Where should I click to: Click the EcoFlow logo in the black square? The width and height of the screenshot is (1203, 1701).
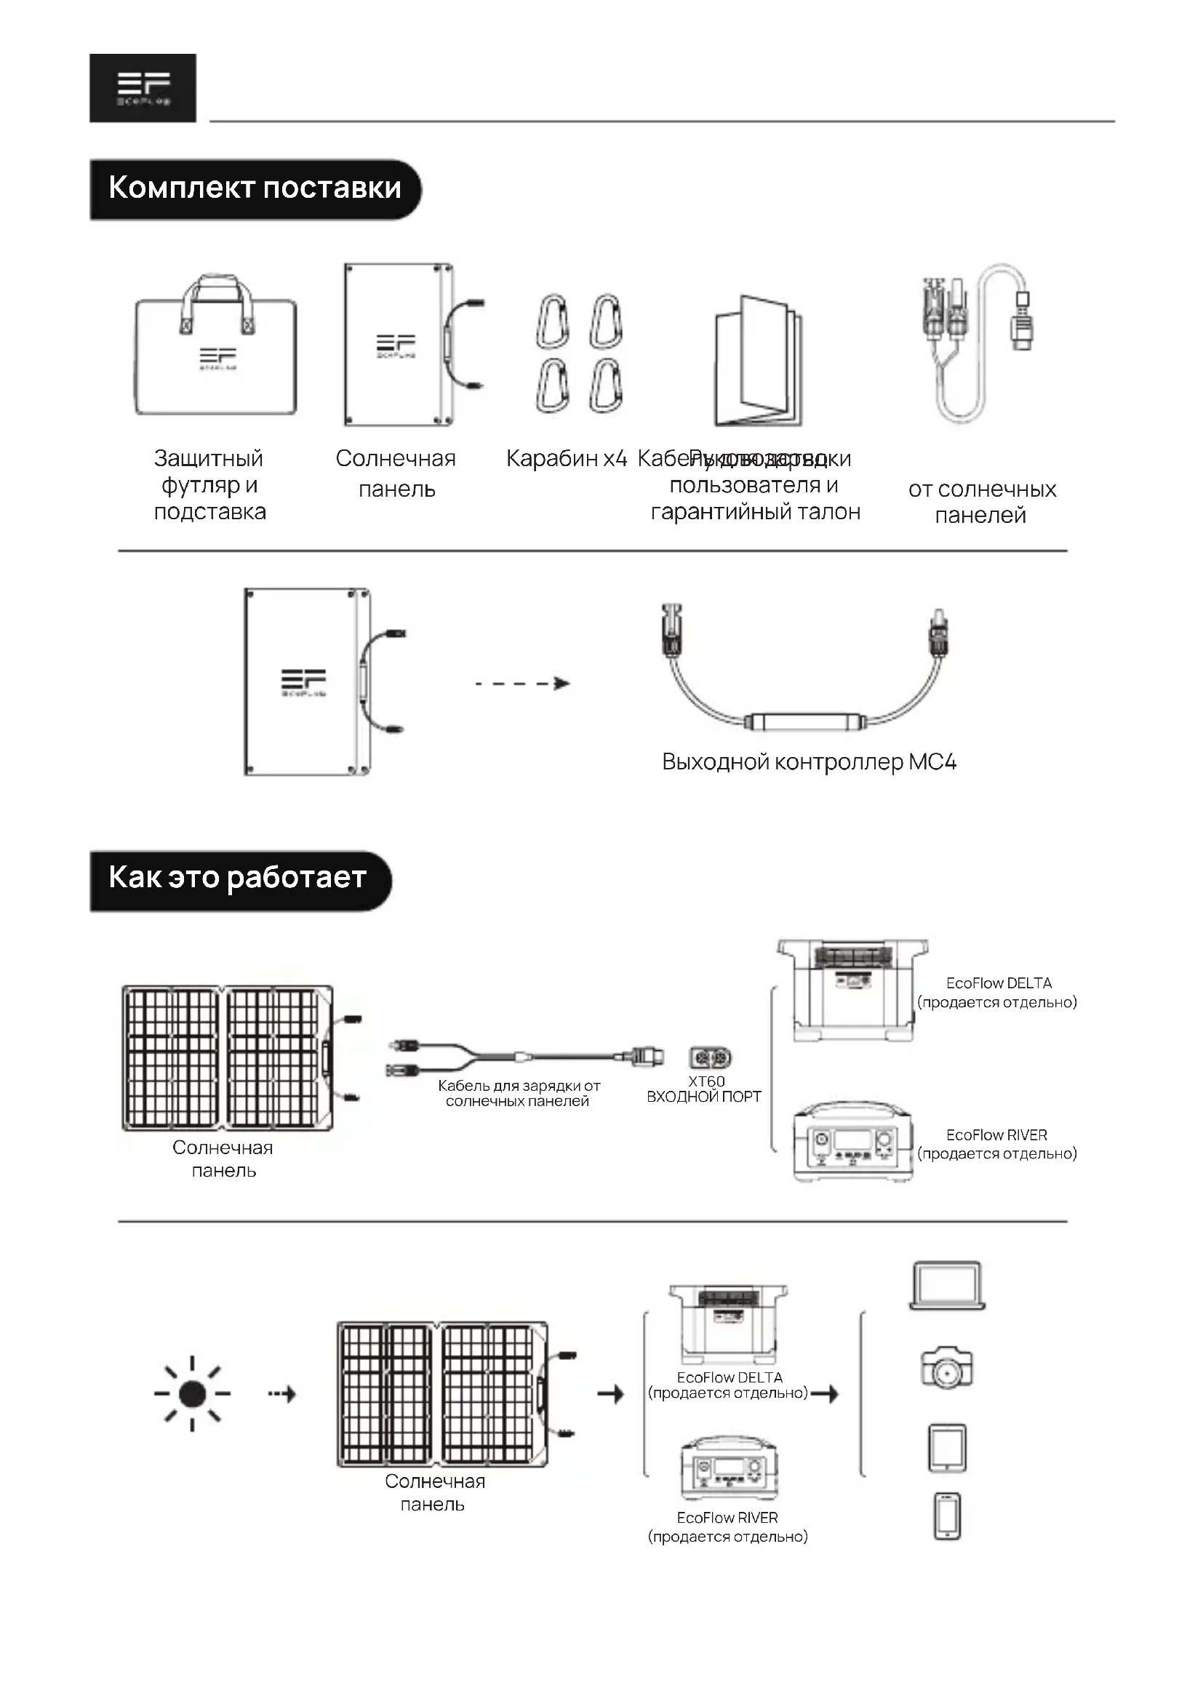click(x=143, y=87)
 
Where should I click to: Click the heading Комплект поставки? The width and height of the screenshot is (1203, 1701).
click(x=255, y=189)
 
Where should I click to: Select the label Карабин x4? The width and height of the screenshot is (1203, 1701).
click(x=567, y=459)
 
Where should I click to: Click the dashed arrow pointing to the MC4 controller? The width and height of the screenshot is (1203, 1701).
click(x=522, y=683)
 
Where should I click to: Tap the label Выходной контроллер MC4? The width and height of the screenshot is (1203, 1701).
click(x=809, y=761)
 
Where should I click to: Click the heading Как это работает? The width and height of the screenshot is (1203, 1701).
click(x=238, y=878)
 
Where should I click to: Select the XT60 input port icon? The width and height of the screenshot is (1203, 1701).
click(x=710, y=1057)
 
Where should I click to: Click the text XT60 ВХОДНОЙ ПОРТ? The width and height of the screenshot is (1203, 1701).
click(x=705, y=1090)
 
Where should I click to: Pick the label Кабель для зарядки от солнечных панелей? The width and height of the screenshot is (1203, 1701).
click(x=519, y=1094)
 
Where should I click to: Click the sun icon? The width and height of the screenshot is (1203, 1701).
click(x=193, y=1393)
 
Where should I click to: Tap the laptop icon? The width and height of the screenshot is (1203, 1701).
click(x=947, y=1286)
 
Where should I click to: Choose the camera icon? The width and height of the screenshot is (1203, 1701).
click(x=947, y=1368)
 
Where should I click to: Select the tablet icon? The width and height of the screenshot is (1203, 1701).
click(x=947, y=1448)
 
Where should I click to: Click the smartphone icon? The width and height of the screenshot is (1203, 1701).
click(x=947, y=1516)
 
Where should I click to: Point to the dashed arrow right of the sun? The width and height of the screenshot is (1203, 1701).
click(x=282, y=1394)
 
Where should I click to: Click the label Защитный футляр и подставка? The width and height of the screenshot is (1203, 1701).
click(x=209, y=485)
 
